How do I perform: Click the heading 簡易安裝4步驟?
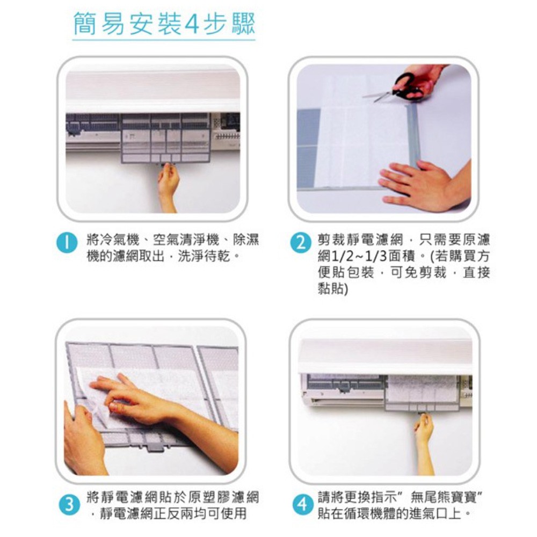[164, 24]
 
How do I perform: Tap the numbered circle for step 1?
[67, 243]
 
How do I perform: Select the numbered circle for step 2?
[301, 243]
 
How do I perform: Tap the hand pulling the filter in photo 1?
[168, 187]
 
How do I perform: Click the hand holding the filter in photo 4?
[424, 442]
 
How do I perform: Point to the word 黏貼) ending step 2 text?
[333, 289]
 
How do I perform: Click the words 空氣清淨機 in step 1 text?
[186, 240]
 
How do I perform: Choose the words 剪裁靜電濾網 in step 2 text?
[360, 240]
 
